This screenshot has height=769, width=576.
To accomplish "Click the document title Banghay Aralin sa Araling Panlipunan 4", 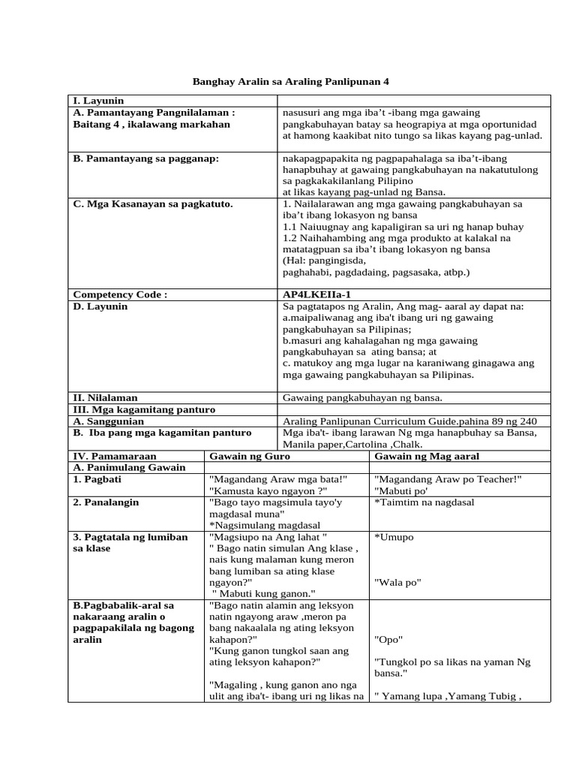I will [x=292, y=81].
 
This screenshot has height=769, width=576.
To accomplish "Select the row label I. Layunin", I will [x=98, y=101].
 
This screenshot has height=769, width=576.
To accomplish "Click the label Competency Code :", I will [x=119, y=294].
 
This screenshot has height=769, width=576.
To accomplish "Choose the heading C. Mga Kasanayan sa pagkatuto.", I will [x=152, y=204].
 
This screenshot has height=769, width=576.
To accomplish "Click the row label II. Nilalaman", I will [x=105, y=397].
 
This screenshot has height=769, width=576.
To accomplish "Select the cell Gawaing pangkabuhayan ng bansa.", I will [x=362, y=397].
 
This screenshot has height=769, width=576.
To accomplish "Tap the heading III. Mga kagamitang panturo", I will [x=143, y=409].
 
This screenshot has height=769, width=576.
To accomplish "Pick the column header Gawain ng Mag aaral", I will [x=427, y=456].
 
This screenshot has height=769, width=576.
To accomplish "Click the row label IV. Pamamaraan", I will [x=112, y=456].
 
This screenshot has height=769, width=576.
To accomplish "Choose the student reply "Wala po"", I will [x=397, y=582].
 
